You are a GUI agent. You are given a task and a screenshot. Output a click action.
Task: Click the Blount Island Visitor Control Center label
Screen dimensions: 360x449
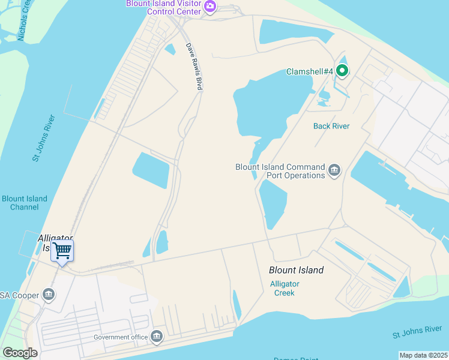click(x=164, y=7)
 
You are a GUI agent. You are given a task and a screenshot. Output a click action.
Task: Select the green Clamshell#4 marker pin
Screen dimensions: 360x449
click(x=342, y=71)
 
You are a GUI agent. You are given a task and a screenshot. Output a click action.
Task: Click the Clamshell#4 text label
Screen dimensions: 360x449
click(x=309, y=71)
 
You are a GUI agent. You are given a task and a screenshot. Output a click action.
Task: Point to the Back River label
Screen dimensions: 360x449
click(x=331, y=126)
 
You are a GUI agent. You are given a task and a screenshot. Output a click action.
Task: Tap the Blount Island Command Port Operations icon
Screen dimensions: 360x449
click(x=334, y=172)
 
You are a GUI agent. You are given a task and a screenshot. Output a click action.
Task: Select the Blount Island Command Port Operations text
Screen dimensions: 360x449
click(x=280, y=171)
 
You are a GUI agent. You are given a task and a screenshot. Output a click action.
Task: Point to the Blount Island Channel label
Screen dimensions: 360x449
click(x=25, y=203)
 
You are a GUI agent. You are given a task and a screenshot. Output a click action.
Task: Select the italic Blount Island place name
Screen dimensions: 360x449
click(x=296, y=270)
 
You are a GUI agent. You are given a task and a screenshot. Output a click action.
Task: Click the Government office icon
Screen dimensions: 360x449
click(x=157, y=337)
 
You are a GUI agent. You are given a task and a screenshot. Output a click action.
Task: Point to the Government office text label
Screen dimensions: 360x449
click(x=121, y=337)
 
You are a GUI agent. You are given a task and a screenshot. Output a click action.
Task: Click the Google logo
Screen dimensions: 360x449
click(x=20, y=353)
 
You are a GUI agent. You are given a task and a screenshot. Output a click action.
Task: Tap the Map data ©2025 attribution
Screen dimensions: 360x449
click(x=423, y=355)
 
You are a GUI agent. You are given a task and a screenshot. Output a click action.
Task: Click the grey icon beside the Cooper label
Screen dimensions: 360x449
click(x=49, y=295)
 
